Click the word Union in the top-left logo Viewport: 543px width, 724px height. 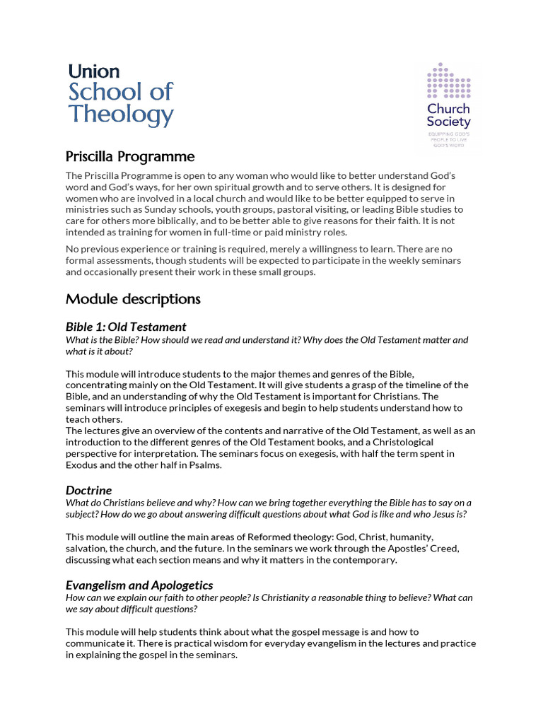tap(94, 71)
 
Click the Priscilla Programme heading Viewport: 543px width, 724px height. tap(130, 156)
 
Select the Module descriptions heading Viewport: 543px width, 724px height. tap(133, 299)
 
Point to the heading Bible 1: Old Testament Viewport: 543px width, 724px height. tap(126, 327)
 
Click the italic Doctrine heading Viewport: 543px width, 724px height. tap(88, 490)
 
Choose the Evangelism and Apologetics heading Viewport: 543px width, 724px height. tap(139, 585)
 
